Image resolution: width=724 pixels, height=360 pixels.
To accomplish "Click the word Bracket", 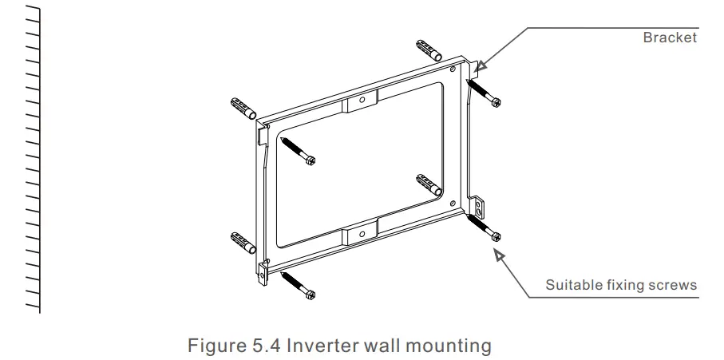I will point(670,38).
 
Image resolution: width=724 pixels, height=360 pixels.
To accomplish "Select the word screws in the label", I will point(675,285).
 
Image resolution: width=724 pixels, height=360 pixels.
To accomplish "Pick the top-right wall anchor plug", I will point(429,49).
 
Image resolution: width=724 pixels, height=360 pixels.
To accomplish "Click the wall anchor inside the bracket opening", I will point(429,184).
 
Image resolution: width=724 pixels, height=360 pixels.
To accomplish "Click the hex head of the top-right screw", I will point(496,102).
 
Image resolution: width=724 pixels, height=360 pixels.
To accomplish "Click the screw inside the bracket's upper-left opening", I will point(299,149).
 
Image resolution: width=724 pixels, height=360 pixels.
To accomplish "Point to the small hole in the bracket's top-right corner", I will point(453,70).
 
